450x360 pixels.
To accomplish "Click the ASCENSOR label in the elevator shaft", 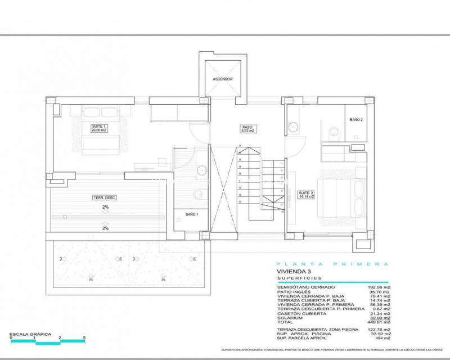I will click(223, 79).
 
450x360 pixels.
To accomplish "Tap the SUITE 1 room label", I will click(99, 128).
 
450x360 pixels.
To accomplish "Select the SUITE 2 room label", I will click(306, 196).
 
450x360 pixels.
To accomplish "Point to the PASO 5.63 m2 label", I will click(248, 129).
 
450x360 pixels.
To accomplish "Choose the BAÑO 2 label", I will click(356, 120).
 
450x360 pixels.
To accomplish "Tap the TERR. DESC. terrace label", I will click(104, 197).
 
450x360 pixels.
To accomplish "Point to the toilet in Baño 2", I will click(334, 132).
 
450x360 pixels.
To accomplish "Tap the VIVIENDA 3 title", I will click(294, 271).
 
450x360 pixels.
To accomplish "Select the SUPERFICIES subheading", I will click(299, 278).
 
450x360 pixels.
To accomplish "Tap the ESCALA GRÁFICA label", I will click(30, 334).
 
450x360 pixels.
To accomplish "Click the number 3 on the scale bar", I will click(84, 339).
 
